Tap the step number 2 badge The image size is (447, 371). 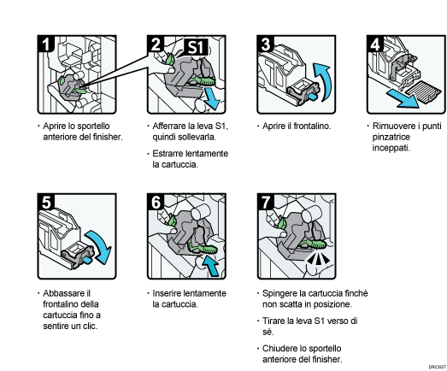pos(157,44)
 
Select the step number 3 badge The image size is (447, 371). pos(267,44)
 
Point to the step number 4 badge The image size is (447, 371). pos(373,44)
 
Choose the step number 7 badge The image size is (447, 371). pos(267,203)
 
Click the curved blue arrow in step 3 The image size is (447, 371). pos(321,83)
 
